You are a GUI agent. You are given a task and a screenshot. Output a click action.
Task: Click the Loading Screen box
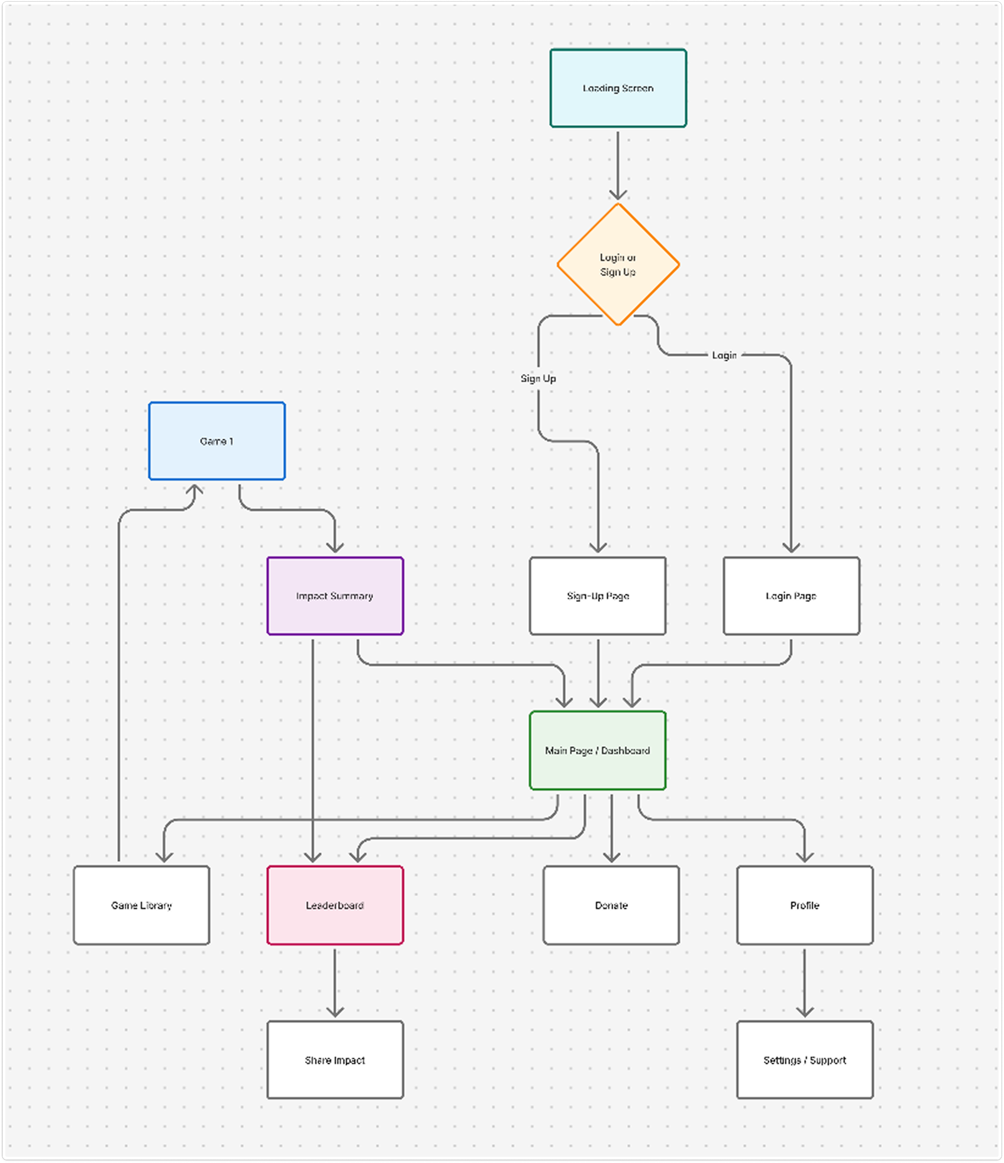(x=618, y=88)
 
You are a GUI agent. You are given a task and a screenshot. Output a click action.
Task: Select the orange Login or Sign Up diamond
(x=618, y=264)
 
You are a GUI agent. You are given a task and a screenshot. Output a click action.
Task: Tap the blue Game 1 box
(x=216, y=441)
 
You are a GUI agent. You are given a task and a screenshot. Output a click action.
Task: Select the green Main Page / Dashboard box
(x=598, y=750)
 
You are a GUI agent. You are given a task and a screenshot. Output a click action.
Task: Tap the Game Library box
(x=141, y=905)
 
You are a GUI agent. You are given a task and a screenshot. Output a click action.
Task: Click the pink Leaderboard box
(x=335, y=905)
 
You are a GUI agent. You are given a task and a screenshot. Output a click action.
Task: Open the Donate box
(x=611, y=905)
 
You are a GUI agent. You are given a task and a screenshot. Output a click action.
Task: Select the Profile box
(x=805, y=905)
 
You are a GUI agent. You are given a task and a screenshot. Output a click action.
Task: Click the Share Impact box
(x=335, y=1060)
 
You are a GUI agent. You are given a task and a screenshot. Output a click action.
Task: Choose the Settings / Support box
(x=805, y=1060)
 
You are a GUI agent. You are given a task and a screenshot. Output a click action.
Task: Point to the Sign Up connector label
(x=538, y=378)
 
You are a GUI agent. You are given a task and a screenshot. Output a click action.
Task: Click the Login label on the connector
(x=724, y=355)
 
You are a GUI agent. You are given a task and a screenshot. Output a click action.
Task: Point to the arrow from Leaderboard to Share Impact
(x=335, y=982)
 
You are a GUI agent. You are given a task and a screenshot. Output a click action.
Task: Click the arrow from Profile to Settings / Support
(x=805, y=982)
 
